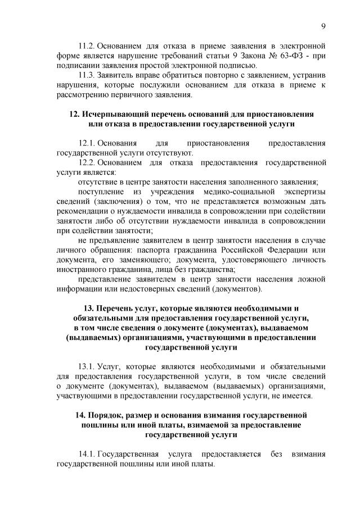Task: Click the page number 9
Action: (324, 25)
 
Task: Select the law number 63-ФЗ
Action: (286, 55)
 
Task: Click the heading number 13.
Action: (88, 308)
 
